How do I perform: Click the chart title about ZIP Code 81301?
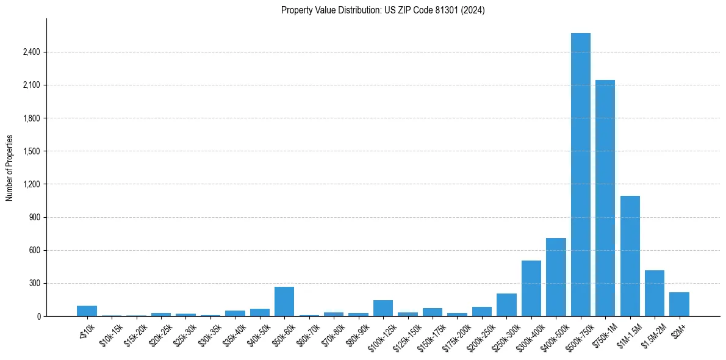pyautogui.click(x=383, y=10)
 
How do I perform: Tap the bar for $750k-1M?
pyautogui.click(x=605, y=198)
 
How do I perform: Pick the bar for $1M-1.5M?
pyautogui.click(x=630, y=256)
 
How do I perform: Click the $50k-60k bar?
pyautogui.click(x=284, y=301)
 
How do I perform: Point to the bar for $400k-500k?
pyautogui.click(x=556, y=277)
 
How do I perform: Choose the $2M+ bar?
pyautogui.click(x=679, y=304)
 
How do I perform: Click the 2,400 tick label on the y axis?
pyautogui.click(x=31, y=52)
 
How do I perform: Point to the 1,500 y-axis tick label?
pyautogui.click(x=31, y=151)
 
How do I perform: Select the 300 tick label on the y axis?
pyautogui.click(x=34, y=283)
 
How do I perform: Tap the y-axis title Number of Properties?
pyautogui.click(x=10, y=168)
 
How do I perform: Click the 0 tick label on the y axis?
pyautogui.click(x=38, y=316)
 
